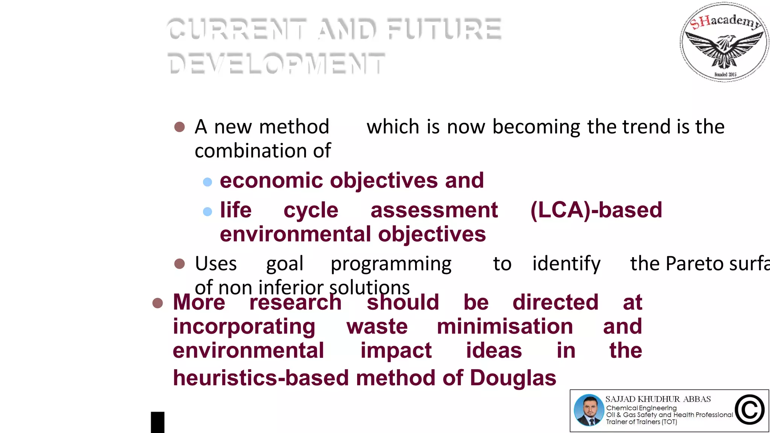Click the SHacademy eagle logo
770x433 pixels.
pos(724,42)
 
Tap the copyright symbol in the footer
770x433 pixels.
pos(750,410)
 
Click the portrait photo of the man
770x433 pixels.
pos(589,410)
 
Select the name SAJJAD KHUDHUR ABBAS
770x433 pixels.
pos(658,399)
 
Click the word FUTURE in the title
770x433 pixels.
pos(444,29)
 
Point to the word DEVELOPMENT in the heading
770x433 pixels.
pos(276,63)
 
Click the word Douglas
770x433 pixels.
pos(513,378)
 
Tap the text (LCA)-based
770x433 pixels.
pos(596,210)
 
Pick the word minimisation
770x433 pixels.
pos(505,326)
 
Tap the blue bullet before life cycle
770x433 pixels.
pos(208,212)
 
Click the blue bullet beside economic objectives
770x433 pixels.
pos(208,182)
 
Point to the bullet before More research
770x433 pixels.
pos(158,303)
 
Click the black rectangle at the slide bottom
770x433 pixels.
pos(158,422)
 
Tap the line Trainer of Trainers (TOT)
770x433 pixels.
pos(641,422)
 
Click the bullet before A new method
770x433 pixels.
pos(180,127)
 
